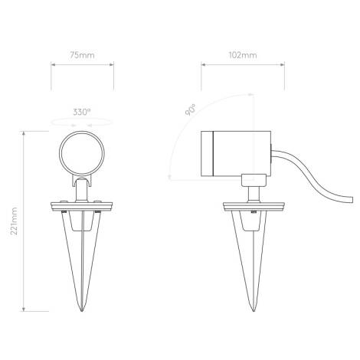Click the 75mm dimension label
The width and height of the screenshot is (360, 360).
[82, 56]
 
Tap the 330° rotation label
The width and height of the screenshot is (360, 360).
[82, 111]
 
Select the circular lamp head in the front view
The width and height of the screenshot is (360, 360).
[82, 153]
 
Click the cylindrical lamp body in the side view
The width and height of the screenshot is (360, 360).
[234, 153]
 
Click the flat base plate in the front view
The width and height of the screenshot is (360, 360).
[82, 205]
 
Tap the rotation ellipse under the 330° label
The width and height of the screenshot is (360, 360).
[82, 121]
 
